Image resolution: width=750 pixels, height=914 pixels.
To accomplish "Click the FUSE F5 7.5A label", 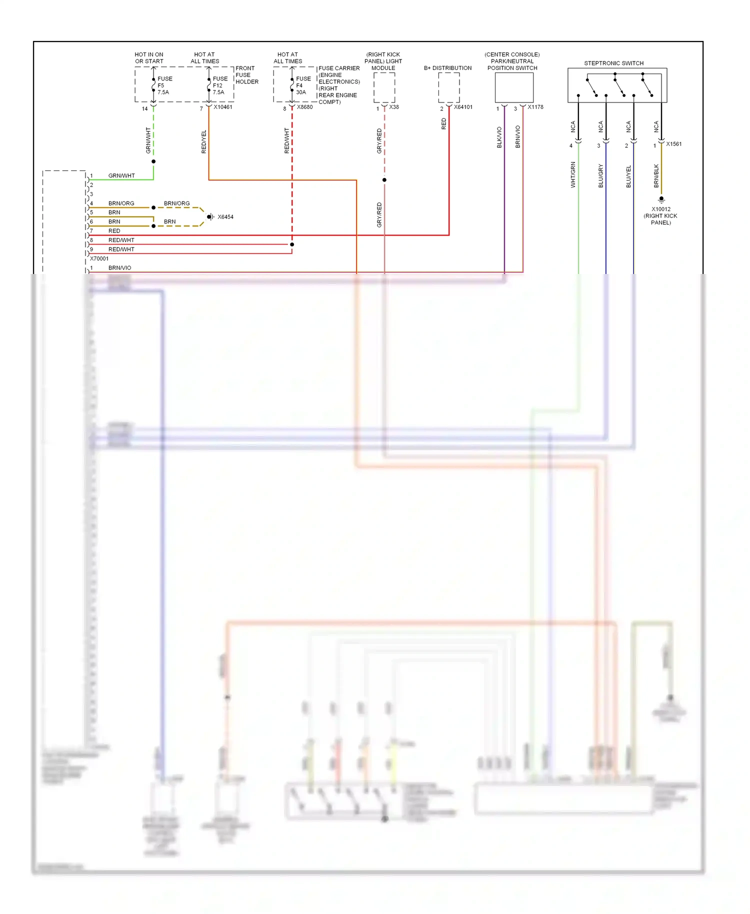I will click(x=164, y=85).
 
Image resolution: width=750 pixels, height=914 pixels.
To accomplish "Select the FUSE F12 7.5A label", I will click(x=219, y=85).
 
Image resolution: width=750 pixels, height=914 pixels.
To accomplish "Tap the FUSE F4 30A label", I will click(x=303, y=85).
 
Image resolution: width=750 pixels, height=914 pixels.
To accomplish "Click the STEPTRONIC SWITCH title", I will click(x=613, y=63).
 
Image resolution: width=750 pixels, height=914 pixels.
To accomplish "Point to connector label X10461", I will click(x=223, y=107).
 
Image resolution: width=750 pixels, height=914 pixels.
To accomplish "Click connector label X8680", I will click(x=304, y=107).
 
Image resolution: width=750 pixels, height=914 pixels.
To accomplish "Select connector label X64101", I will click(x=463, y=107).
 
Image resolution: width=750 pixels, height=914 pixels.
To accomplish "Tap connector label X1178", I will click(x=535, y=107).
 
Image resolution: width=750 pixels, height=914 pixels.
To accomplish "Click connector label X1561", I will click(x=673, y=144).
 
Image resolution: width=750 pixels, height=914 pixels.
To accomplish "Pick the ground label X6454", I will click(x=225, y=217).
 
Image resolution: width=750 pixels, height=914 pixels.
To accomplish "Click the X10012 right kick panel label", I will click(x=660, y=216).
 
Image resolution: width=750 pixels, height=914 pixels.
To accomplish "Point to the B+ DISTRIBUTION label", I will click(x=447, y=68).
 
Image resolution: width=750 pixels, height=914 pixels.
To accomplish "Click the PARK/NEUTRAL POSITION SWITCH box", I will click(x=514, y=87).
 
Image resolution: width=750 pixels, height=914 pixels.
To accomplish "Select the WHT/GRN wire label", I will click(x=573, y=174).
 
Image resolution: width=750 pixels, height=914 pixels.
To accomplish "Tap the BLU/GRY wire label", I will click(x=600, y=175).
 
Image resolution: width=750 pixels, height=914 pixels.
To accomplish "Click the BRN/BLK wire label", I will click(x=656, y=175).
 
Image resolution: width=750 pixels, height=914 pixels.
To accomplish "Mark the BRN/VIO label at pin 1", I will click(x=119, y=268).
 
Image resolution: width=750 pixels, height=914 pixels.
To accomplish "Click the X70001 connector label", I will click(x=99, y=258).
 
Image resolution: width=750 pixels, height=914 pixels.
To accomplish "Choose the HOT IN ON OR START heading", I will click(x=149, y=58).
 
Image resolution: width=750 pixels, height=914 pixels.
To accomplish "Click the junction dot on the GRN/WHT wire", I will click(x=153, y=161).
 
